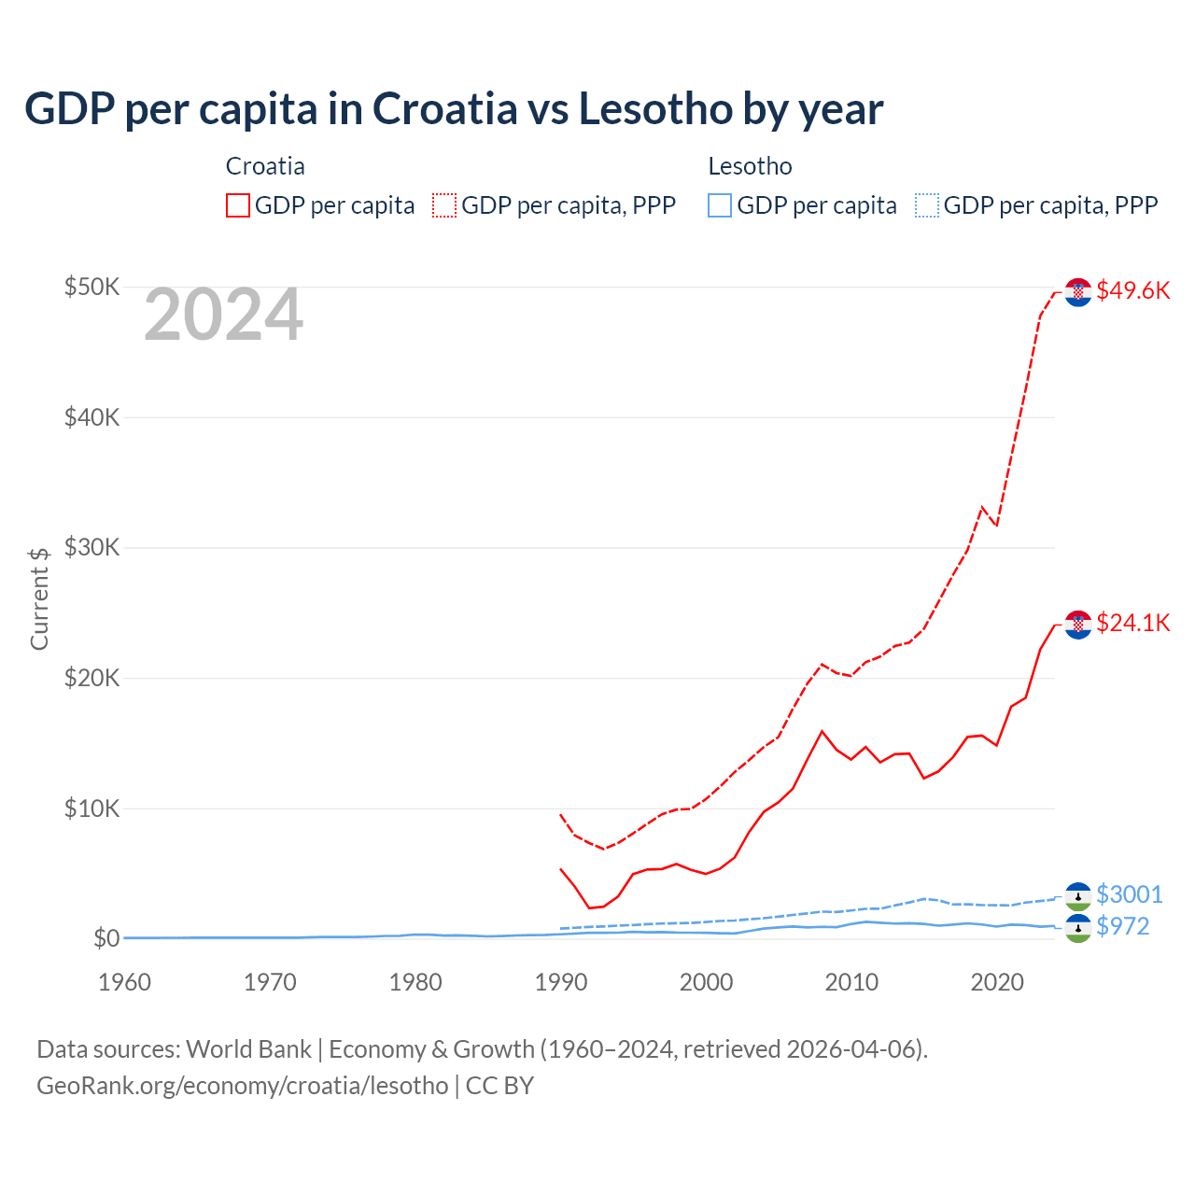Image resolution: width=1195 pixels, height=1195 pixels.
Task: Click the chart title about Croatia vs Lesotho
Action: [454, 109]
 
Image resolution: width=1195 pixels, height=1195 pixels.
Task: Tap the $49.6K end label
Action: [1132, 290]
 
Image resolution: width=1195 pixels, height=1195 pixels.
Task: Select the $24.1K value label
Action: [1132, 623]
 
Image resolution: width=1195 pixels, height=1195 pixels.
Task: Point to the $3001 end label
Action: [1129, 894]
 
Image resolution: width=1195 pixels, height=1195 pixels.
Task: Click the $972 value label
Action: [1122, 926]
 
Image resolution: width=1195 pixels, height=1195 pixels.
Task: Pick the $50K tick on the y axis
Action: [91, 287]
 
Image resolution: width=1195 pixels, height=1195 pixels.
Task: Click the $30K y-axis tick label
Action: [91, 547]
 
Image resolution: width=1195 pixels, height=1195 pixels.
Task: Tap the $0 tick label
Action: [105, 938]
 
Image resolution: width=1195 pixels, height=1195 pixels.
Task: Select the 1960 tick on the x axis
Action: [124, 982]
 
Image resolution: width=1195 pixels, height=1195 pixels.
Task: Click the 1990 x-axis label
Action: [560, 982]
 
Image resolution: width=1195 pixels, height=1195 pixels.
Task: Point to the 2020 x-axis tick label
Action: [997, 982]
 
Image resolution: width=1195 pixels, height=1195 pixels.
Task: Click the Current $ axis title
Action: [39, 598]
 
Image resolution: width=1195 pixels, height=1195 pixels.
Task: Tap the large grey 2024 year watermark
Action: [224, 316]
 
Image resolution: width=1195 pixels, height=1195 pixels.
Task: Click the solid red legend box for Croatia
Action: [238, 205]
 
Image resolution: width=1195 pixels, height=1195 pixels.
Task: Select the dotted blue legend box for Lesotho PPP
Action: [926, 205]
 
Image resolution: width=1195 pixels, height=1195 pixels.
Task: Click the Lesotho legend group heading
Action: [750, 166]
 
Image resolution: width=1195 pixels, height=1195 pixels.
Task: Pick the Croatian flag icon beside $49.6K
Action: [1078, 292]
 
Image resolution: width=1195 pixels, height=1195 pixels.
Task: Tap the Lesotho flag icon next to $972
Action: [1078, 928]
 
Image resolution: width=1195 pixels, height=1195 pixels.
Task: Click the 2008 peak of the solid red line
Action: [822, 731]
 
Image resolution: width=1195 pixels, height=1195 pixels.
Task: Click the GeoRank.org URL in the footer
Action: [243, 1086]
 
